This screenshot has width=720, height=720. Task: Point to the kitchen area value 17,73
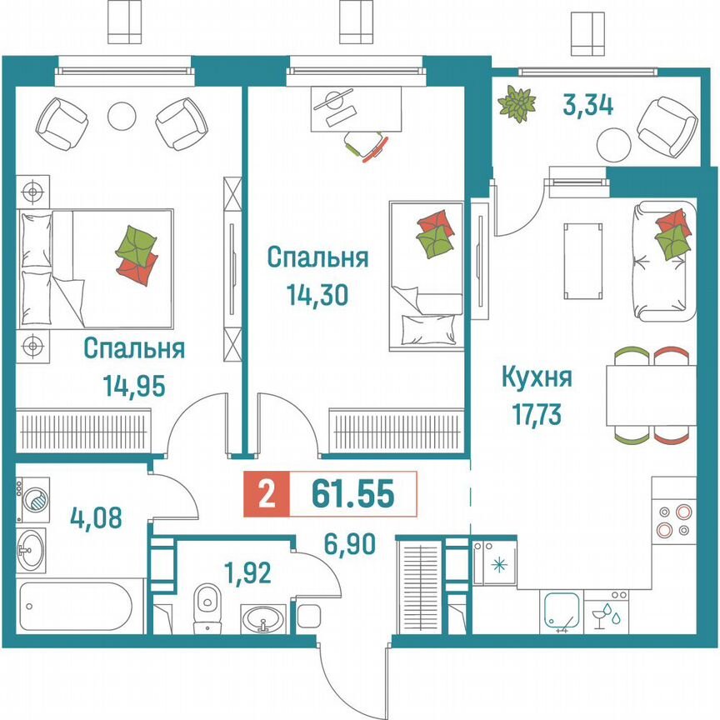536,412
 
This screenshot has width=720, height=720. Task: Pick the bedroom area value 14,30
317,294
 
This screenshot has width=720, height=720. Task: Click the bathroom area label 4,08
98,518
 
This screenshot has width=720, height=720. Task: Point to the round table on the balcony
613,146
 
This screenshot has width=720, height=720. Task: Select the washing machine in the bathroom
34,498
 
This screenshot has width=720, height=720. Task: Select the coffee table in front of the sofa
580,261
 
